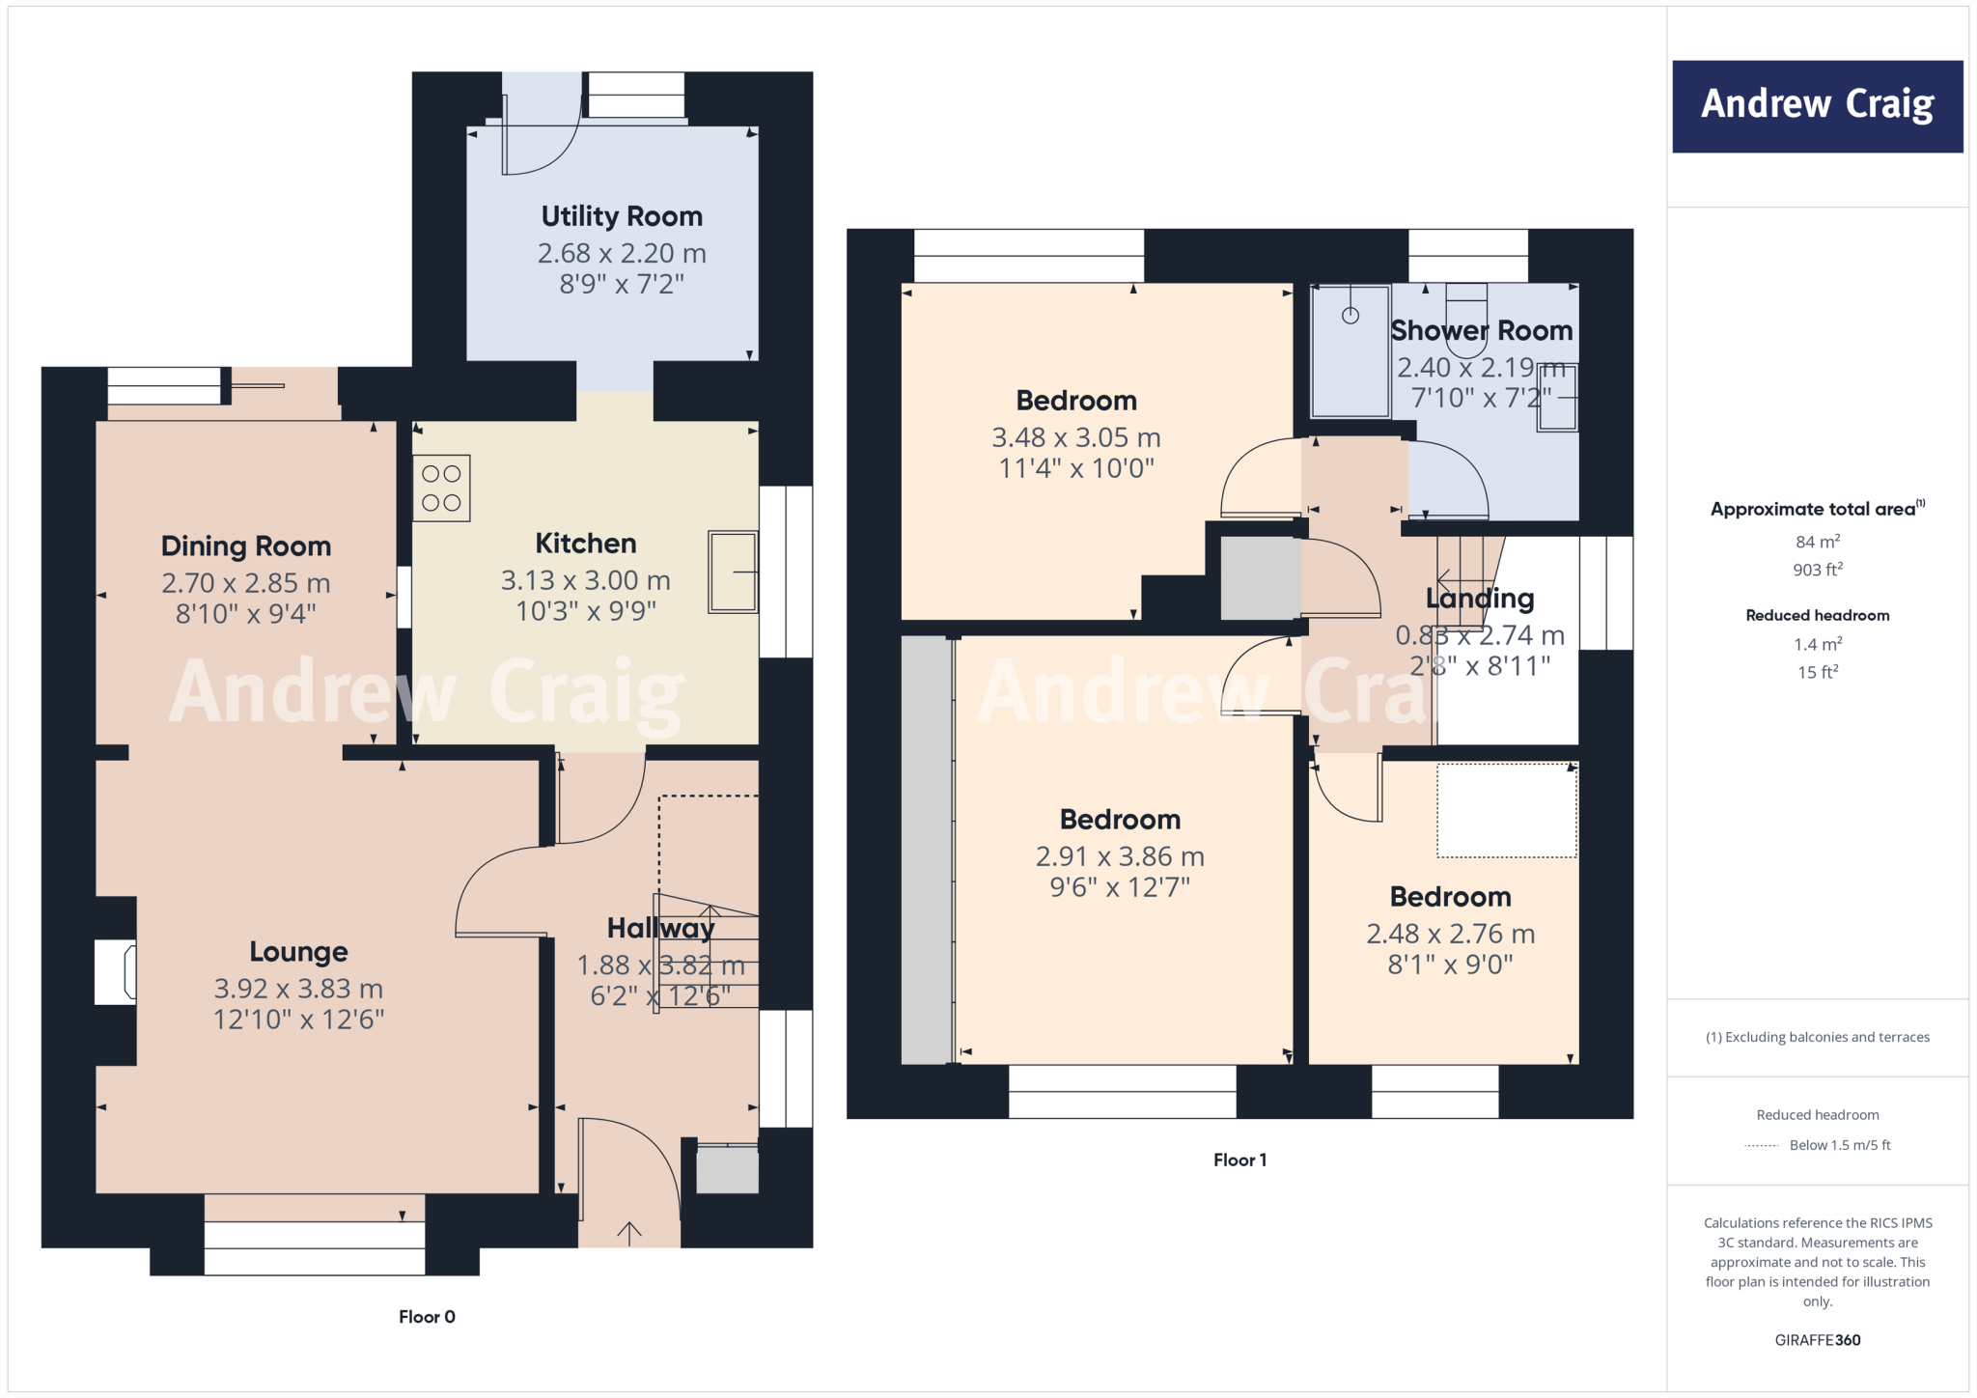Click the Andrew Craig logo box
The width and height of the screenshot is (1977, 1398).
coord(1817,106)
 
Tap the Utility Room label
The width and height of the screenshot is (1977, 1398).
coord(622,216)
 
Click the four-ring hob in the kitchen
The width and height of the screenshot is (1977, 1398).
coord(441,489)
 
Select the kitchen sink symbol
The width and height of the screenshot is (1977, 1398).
coord(733,572)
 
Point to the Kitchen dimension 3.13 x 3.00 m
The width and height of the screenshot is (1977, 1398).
coord(585,580)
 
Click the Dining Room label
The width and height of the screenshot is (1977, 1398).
coord(246,546)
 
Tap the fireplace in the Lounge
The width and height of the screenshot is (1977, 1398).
coord(116,972)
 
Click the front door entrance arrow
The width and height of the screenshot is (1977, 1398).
coord(629,1232)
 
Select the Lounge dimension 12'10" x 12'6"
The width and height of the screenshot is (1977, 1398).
coord(298,1020)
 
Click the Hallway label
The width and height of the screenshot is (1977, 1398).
coord(660,928)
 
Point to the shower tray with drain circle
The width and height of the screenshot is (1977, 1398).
coord(1350,350)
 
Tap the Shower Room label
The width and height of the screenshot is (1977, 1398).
coord(1481,330)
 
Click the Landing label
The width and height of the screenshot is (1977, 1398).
coord(1480,599)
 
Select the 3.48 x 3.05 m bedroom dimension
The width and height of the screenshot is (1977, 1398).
coord(1076,437)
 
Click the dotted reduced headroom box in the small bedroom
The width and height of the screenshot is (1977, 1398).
coord(1506,811)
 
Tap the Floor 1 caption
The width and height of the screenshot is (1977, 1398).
coord(1239,1160)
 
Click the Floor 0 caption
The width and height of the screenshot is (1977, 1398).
coord(427,1317)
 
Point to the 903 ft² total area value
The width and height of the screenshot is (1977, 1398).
coord(1817,570)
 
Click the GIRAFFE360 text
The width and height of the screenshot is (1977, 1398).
coord(1817,1340)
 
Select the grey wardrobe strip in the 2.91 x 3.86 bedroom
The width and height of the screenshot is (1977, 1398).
coord(927,850)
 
